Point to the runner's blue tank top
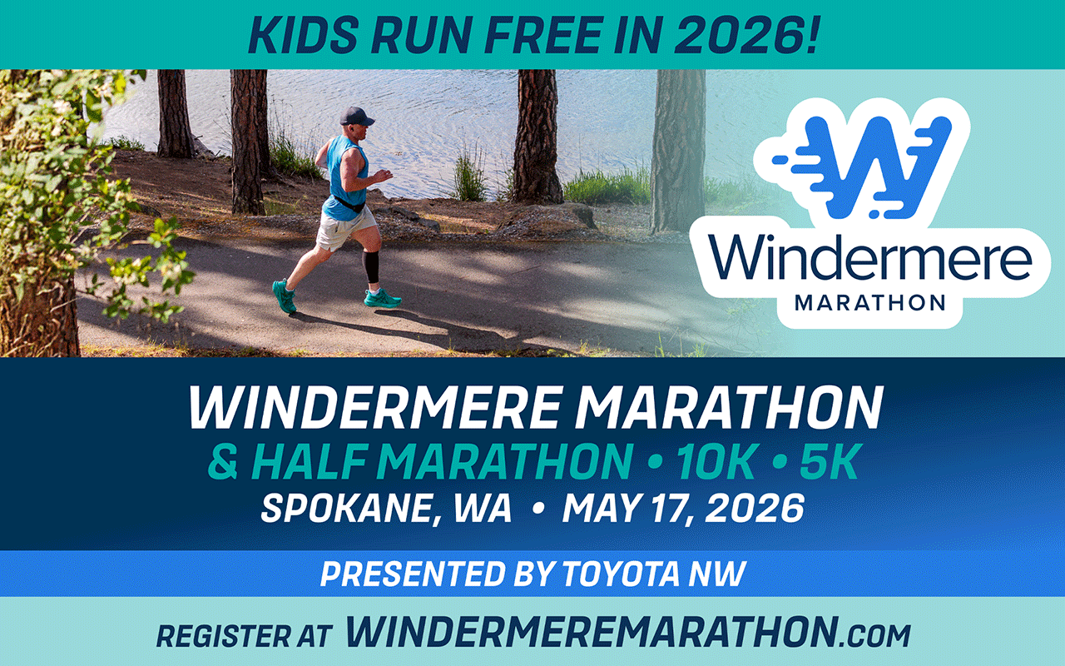coord(344,179)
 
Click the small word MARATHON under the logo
coord(870,301)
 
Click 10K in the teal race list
coord(717,464)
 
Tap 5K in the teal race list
coord(828,464)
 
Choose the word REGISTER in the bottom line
coord(220,635)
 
